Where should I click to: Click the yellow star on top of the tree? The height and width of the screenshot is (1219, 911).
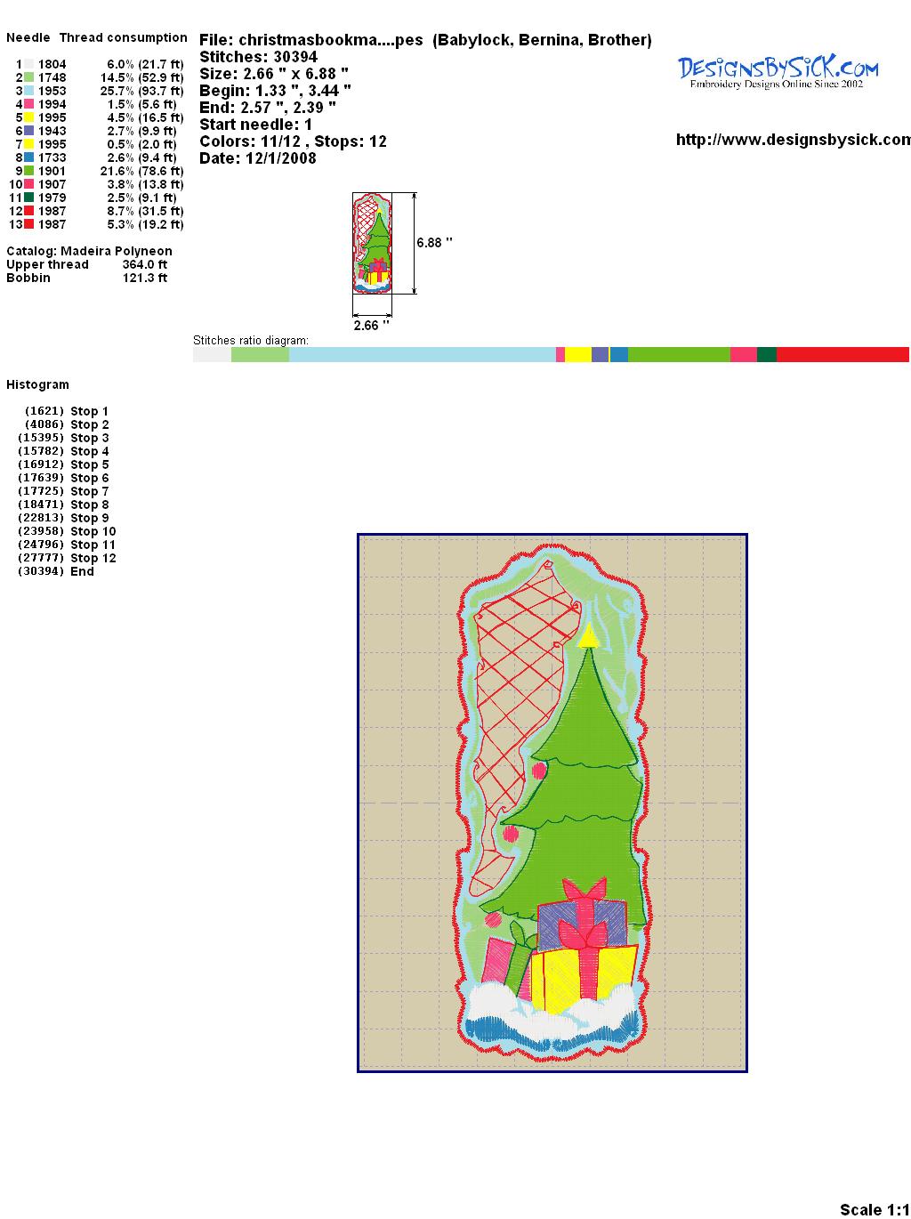tap(588, 636)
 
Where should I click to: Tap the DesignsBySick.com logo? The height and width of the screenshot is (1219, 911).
tap(778, 72)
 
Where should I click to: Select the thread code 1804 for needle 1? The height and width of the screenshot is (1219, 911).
tap(52, 64)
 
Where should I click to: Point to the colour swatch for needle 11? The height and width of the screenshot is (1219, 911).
tap(28, 198)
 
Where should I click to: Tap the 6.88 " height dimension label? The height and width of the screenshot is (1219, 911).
tap(434, 243)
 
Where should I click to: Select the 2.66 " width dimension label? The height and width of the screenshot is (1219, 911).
tap(371, 326)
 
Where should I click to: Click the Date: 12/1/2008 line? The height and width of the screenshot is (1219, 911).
tap(258, 158)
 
